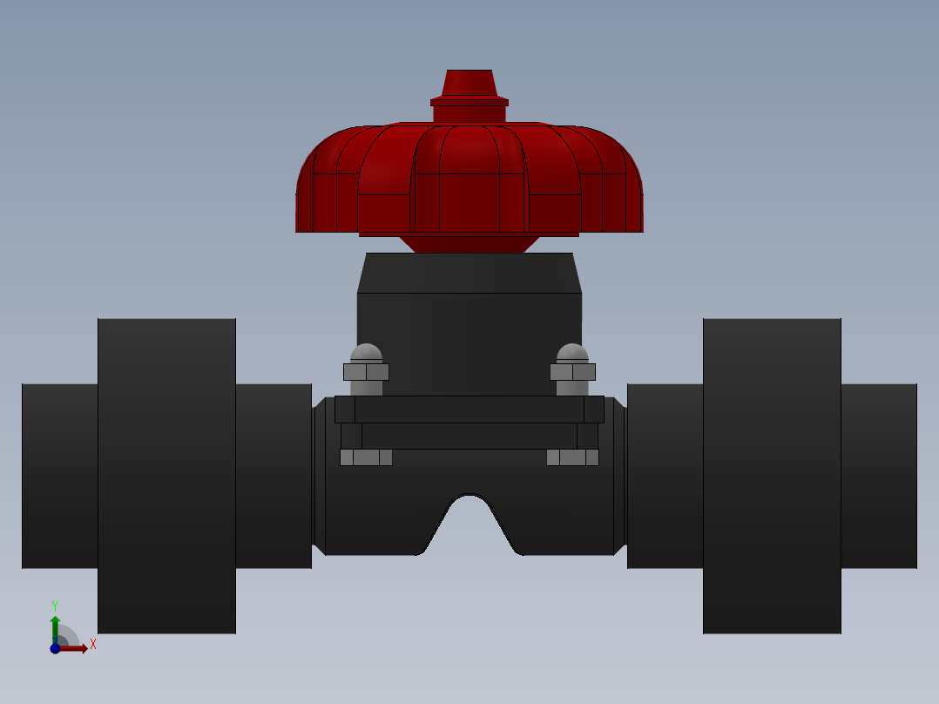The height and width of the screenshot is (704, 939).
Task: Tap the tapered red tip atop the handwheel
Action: [x=469, y=83]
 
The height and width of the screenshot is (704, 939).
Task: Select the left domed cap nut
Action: [x=366, y=354]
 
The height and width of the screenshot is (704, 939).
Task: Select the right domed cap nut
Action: [x=572, y=354]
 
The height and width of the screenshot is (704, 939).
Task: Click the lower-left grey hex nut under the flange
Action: [x=366, y=457]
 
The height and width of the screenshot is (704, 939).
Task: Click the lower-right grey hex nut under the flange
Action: [x=572, y=457]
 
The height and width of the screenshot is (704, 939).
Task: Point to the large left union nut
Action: [x=166, y=476]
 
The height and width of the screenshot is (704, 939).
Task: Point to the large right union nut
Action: [x=772, y=476]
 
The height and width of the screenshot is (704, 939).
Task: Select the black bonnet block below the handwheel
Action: [x=469, y=340]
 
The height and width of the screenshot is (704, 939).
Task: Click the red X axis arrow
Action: [x=75, y=648]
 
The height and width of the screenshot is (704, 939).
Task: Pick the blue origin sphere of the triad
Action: [x=55, y=648]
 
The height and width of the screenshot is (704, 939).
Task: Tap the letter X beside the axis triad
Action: [x=92, y=645]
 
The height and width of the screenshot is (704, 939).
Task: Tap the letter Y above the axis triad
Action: [x=55, y=606]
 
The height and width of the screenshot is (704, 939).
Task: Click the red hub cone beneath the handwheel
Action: [x=469, y=244]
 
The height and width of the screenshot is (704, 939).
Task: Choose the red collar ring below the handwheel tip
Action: [x=469, y=103]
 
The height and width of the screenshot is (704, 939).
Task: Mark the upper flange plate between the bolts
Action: [x=469, y=410]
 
